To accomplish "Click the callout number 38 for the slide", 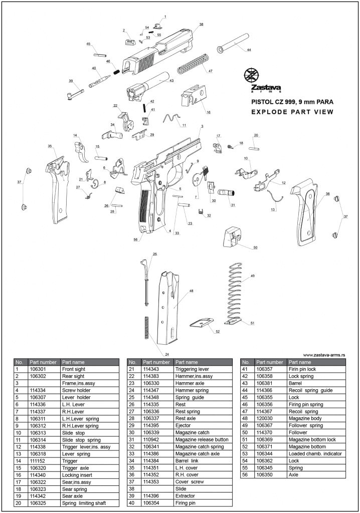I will pyautogui.click(x=201, y=25).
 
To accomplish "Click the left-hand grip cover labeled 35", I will pyautogui.click(x=56, y=188).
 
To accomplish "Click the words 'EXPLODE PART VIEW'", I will pyautogui.click(x=292, y=112).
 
